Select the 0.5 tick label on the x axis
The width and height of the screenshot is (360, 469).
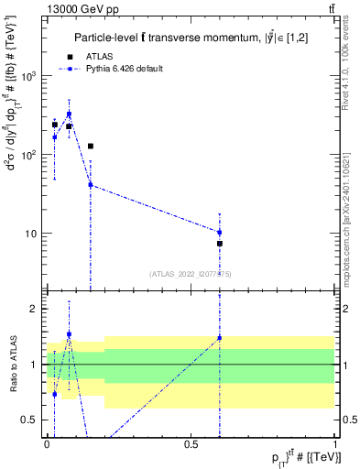tap(191, 444)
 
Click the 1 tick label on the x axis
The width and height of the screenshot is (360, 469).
tap(335, 444)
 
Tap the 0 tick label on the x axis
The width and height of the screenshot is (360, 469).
tap(47, 444)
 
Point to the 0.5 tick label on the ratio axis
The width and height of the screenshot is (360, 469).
tap(33, 420)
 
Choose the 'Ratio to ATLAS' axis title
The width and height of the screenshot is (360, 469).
tap(13, 365)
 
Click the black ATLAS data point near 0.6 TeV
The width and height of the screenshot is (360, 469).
tap(220, 244)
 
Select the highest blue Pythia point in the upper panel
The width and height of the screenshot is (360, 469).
tap(69, 115)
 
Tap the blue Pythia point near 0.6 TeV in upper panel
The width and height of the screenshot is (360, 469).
tap(220, 232)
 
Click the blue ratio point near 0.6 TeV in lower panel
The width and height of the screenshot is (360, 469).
tap(220, 338)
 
